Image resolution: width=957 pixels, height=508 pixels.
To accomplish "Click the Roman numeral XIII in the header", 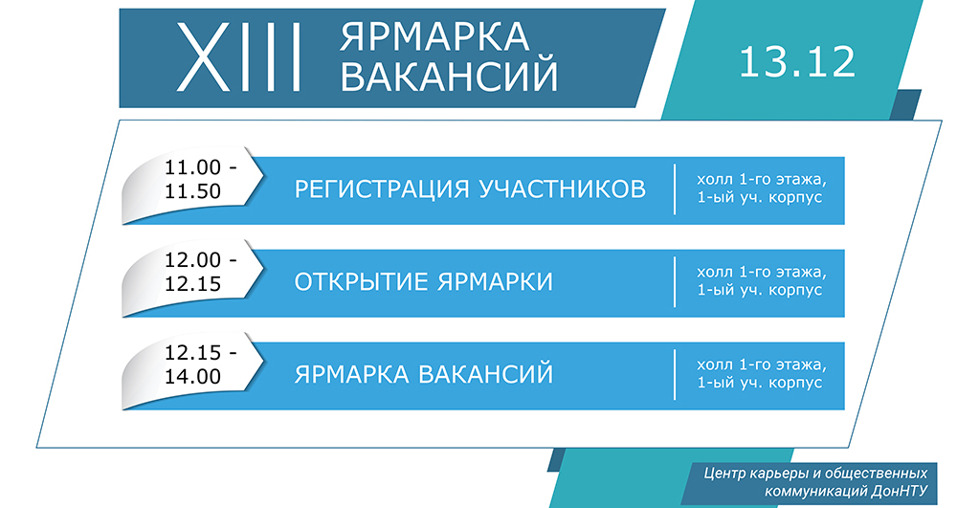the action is pyautogui.click(x=238, y=57).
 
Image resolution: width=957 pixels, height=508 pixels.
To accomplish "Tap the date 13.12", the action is pyautogui.click(x=797, y=61).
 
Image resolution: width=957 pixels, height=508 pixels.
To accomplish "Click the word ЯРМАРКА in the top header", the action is pyautogui.click(x=434, y=36).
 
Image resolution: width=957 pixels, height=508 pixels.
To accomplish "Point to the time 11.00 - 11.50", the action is pyautogui.click(x=201, y=179).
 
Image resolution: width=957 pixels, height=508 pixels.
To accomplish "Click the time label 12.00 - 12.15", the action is pyautogui.click(x=201, y=272).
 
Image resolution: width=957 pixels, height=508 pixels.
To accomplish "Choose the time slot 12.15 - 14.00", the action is pyautogui.click(x=201, y=364).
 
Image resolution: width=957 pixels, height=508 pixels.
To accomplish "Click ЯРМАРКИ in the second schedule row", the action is pyautogui.click(x=495, y=282).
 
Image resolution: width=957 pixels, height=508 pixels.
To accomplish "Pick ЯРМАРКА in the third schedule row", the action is pyautogui.click(x=351, y=374).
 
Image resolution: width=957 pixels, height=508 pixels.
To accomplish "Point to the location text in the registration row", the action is pyautogui.click(x=761, y=188).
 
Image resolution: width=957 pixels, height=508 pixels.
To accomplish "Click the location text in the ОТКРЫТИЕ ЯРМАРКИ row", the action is pyautogui.click(x=761, y=281).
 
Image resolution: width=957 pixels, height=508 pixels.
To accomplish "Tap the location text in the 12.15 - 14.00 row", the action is pyautogui.click(x=761, y=374).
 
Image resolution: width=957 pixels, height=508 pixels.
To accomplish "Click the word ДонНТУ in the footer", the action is pyautogui.click(x=900, y=492).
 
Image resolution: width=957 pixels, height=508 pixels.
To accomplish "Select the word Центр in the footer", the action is pyautogui.click(x=722, y=474).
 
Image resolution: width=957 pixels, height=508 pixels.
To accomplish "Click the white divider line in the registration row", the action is pyautogui.click(x=675, y=189).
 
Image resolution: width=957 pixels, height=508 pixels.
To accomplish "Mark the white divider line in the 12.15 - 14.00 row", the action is pyautogui.click(x=675, y=374).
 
